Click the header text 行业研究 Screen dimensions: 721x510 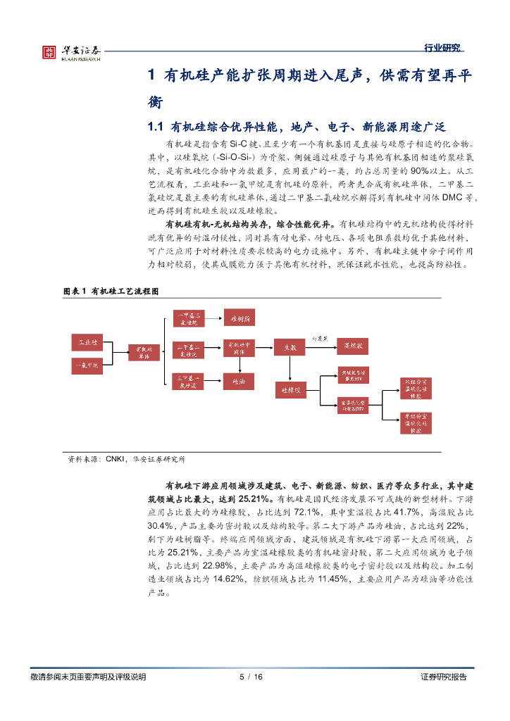click(442, 48)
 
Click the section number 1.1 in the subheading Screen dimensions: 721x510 click(155, 127)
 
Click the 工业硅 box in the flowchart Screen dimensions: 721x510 click(88, 342)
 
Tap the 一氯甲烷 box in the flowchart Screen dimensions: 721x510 click(88, 365)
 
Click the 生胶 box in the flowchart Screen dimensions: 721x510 click(291, 347)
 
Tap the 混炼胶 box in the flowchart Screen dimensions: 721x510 click(353, 347)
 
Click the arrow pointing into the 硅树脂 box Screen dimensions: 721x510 click(215, 318)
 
